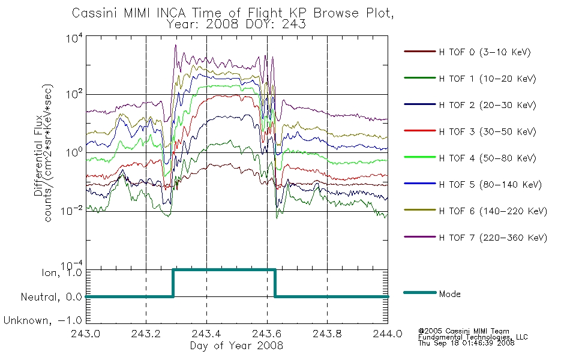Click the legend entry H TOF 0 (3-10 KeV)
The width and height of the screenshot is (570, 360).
click(485, 52)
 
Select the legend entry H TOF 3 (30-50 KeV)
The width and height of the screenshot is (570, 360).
click(487, 131)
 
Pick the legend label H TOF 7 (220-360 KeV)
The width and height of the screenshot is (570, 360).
click(493, 238)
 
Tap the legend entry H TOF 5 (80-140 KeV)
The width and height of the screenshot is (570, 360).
click(490, 184)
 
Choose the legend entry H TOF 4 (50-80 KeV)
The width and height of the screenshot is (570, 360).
click(487, 158)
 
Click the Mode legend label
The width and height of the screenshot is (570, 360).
click(449, 294)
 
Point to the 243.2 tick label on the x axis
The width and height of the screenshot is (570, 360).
click(146, 334)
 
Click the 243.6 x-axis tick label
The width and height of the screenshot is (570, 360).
click(267, 334)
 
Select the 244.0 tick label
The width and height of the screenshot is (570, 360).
click(388, 334)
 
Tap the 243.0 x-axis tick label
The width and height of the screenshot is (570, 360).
click(85, 334)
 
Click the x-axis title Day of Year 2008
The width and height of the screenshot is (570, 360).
click(236, 346)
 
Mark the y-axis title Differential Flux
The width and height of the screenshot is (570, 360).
click(38, 155)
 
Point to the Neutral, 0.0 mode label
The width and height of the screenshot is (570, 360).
click(51, 297)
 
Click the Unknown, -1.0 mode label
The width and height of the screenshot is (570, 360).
click(43, 320)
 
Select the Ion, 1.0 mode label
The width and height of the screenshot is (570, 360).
click(61, 272)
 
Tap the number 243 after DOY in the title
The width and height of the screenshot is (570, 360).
click(295, 24)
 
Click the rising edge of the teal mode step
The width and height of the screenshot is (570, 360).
click(173, 283)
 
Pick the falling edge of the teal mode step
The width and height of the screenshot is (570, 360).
click(275, 283)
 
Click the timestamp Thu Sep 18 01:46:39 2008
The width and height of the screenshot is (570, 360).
click(466, 343)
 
